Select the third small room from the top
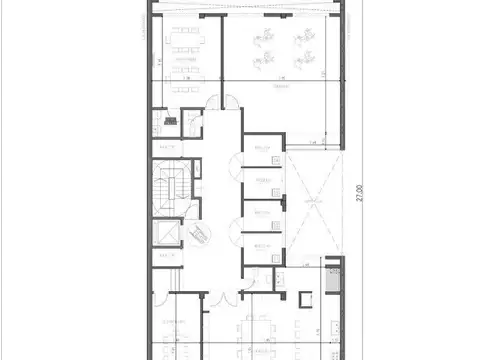[262, 215]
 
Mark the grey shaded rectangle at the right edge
[336, 281]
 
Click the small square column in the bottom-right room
[305, 297]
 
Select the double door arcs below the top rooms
[218, 104]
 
